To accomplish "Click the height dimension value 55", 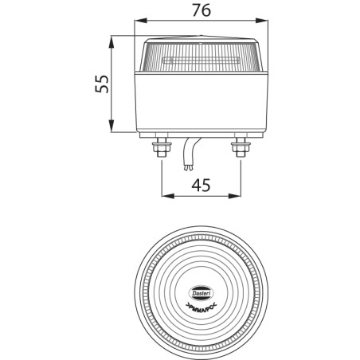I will click(101, 84).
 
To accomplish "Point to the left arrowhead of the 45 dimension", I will click(164, 195).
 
